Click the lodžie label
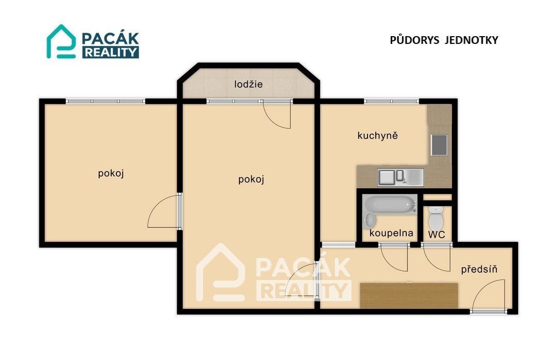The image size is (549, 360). [x=249, y=84]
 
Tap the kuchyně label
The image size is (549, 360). [x=377, y=135]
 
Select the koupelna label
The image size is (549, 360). [x=391, y=233]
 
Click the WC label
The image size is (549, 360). [x=437, y=234]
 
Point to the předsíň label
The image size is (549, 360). [x=479, y=269]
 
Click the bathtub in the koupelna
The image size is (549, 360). [x=390, y=204]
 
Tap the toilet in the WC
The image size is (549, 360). [x=436, y=218]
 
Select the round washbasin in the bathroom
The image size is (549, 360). [x=370, y=220]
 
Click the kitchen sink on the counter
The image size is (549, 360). [x=401, y=177]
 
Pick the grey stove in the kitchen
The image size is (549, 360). [x=439, y=145]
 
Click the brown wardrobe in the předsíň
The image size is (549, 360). [x=409, y=295]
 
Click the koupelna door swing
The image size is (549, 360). [x=394, y=258]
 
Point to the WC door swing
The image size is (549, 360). [x=436, y=258]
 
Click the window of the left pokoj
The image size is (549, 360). [x=105, y=101]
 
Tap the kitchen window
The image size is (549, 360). [x=391, y=101]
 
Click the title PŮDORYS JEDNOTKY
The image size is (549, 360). [x=444, y=40]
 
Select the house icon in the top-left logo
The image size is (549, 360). [x=62, y=41]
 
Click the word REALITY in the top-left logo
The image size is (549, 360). [x=111, y=53]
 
